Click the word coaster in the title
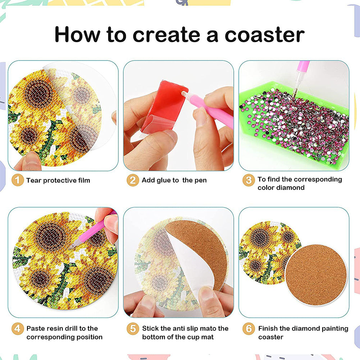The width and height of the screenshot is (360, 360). [264, 35]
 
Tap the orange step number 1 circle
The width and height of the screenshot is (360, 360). [18, 180]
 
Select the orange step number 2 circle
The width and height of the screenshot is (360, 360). [133, 180]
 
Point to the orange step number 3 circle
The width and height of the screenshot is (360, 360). [249, 180]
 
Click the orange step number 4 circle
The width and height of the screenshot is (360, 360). [18, 329]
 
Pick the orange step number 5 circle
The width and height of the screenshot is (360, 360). [133, 329]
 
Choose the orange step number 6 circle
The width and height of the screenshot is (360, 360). [249, 329]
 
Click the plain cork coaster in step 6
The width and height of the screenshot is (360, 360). [316, 275]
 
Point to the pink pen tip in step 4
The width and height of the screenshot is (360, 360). [71, 248]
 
